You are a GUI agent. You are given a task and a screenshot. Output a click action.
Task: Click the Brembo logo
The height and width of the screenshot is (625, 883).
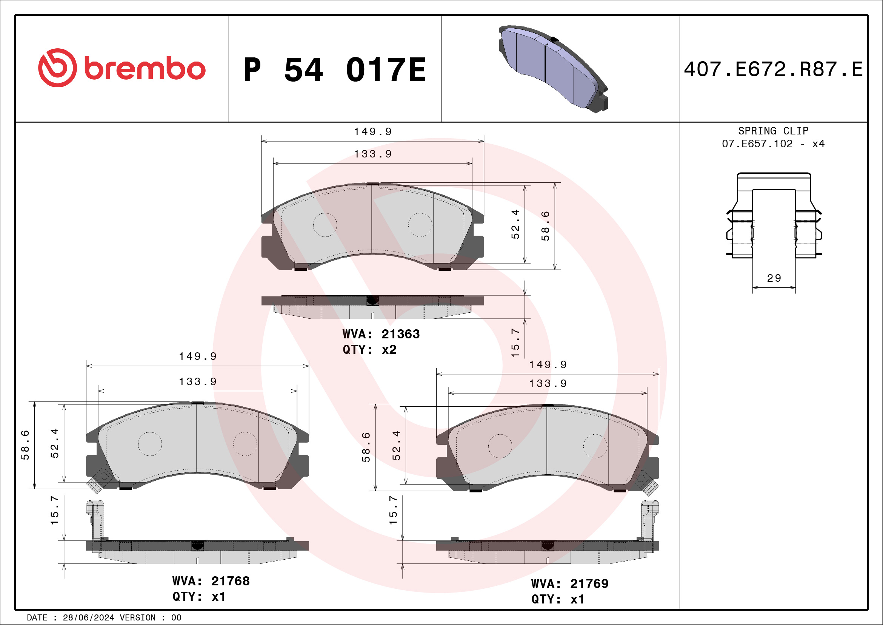(122, 68)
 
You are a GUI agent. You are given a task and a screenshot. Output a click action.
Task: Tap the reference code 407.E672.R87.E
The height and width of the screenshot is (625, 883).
(773, 69)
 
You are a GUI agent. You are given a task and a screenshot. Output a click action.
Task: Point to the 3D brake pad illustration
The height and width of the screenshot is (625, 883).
(554, 69)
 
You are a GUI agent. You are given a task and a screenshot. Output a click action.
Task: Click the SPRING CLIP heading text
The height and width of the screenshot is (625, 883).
(773, 131)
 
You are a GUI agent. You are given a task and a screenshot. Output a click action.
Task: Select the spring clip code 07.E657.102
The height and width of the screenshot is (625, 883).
(757, 144)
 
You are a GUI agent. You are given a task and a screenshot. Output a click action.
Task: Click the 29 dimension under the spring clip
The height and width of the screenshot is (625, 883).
(774, 278)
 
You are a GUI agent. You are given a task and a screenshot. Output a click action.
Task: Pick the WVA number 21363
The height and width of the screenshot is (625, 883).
(400, 334)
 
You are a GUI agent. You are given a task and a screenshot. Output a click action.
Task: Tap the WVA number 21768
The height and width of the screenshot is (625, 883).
(230, 581)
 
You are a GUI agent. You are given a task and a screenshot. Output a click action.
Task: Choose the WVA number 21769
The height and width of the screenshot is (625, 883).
(589, 584)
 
